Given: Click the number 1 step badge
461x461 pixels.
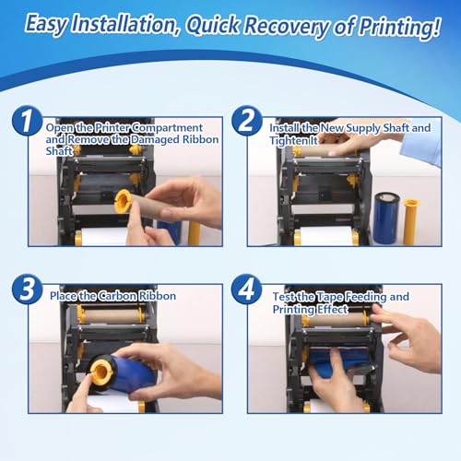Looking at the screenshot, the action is point(27,121).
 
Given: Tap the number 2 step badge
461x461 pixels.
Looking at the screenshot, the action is point(246,121).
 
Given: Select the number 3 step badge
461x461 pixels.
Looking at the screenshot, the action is point(27,290).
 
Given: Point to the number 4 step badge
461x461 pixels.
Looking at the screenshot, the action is point(246,290).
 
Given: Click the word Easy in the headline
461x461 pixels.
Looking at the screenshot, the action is point(46,25).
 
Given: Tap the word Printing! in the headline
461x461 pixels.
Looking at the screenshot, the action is point(399,27).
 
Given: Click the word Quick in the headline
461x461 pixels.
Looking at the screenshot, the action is point(213,25).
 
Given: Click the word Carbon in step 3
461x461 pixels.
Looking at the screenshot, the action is point(117,296).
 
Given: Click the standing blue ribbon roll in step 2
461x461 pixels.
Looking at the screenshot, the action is point(386,218).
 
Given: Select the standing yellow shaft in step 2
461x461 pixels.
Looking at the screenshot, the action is point(411,221).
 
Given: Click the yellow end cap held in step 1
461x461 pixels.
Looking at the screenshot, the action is point(123,201).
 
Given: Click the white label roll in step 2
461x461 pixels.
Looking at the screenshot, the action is point(325,236).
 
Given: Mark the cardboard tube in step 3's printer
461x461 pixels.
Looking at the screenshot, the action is point(111,315).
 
